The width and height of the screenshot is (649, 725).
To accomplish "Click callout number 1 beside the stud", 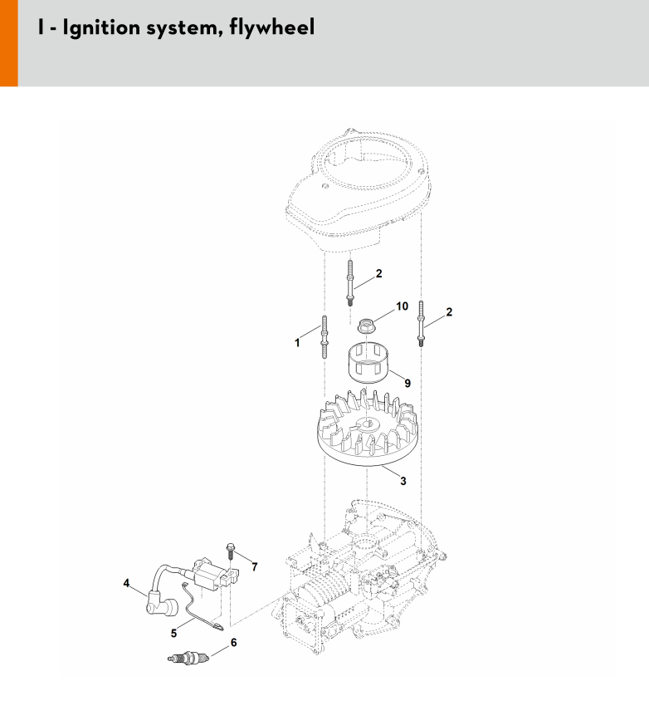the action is tap(297, 343).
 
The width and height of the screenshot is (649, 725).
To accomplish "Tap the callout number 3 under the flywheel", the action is tap(403, 481).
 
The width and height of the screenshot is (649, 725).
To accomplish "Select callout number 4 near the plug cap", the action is tap(127, 583).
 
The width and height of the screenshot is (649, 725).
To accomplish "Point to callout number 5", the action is tap(173, 633).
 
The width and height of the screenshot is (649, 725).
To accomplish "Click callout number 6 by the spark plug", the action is tap(234, 642).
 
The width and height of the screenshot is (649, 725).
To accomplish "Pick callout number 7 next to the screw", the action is tap(255, 566).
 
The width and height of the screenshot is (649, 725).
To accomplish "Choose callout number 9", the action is tap(407, 383).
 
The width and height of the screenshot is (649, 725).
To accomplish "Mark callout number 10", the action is tap(402, 306).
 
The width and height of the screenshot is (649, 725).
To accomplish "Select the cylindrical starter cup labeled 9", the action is tap(368, 362).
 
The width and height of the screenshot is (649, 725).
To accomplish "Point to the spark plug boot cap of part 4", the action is tap(161, 605).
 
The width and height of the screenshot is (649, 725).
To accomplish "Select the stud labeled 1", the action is tap(324, 337).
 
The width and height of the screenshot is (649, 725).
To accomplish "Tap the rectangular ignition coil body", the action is tap(213, 576).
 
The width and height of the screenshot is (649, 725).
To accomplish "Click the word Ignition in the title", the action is tap(100, 27).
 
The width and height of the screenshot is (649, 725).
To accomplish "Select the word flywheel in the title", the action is tap(272, 27).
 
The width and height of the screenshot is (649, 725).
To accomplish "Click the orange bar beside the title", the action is tap(9, 43).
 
